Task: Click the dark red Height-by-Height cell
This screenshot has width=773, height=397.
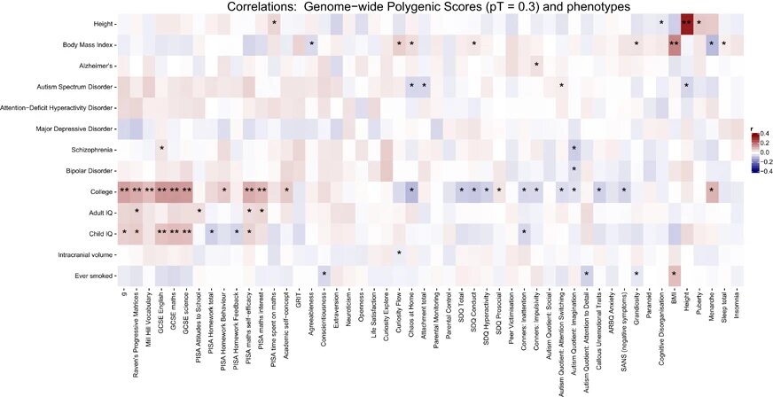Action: tap(686, 21)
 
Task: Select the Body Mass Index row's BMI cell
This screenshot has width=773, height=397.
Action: tap(674, 43)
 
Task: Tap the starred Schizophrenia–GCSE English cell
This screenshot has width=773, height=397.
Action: tap(161, 147)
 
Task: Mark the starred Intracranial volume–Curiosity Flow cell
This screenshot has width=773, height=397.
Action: tap(399, 253)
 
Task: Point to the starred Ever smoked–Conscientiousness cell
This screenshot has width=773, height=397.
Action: tap(324, 274)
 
